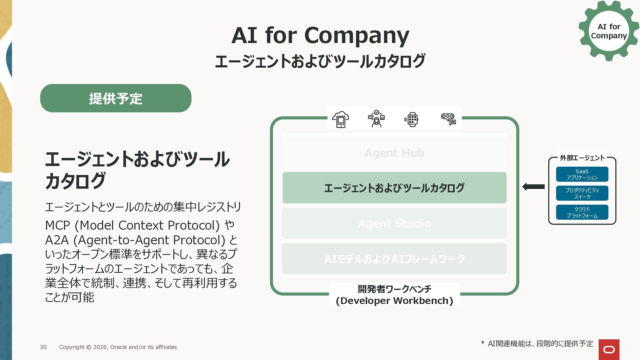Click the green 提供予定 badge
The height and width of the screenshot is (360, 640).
click(x=116, y=98)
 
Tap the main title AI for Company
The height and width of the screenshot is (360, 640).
click(x=320, y=35)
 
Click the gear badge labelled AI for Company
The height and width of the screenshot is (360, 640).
click(x=609, y=31)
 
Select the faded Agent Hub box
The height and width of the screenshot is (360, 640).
click(x=394, y=153)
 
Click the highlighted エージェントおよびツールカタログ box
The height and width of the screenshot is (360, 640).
click(x=394, y=188)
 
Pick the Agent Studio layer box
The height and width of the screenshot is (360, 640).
click(x=394, y=223)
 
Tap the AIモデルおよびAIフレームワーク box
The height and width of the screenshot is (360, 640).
click(x=394, y=259)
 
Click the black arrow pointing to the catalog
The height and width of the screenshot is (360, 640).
click(x=533, y=187)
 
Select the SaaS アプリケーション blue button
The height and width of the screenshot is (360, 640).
click(x=582, y=174)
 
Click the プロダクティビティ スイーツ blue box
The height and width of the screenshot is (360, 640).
click(x=582, y=193)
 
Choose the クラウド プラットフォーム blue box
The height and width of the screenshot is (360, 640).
click(x=582, y=212)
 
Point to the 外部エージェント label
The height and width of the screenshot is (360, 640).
click(x=582, y=158)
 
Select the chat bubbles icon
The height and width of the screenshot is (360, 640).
click(x=448, y=119)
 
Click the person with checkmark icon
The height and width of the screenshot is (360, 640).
click(x=376, y=119)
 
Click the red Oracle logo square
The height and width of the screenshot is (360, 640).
click(x=609, y=349)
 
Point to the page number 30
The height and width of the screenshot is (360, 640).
click(x=43, y=347)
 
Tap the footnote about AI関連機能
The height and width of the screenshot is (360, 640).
click(x=537, y=344)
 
